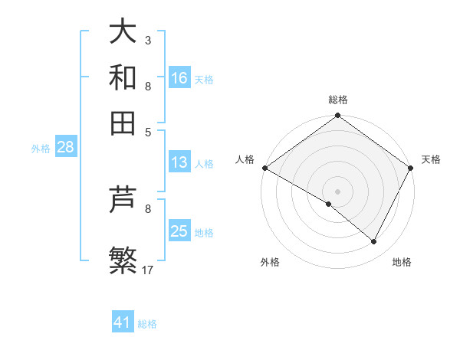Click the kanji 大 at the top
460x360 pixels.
pyautogui.click(x=123, y=32)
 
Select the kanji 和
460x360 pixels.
pyautogui.click(x=123, y=77)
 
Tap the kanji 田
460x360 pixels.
pyautogui.click(x=123, y=123)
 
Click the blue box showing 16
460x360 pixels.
pyautogui.click(x=179, y=78)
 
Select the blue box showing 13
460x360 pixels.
pyautogui.click(x=179, y=162)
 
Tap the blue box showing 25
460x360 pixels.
pyautogui.click(x=179, y=232)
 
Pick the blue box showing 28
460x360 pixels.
pyautogui.click(x=64, y=148)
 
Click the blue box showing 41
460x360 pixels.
pyautogui.click(x=123, y=322)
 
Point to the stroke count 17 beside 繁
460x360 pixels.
pyautogui.click(x=148, y=270)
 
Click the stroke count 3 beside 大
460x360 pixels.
pyautogui.click(x=147, y=39)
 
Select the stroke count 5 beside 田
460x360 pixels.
pyautogui.click(x=147, y=132)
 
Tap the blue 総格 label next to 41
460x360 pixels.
pyautogui.click(x=147, y=324)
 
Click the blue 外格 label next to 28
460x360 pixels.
pyautogui.click(x=41, y=149)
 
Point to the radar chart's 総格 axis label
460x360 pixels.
pyautogui.click(x=337, y=100)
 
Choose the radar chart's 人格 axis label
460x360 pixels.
pyautogui.click(x=245, y=159)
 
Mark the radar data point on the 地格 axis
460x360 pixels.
pyautogui.click(x=374, y=242)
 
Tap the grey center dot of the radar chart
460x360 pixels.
pyautogui.click(x=337, y=191)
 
